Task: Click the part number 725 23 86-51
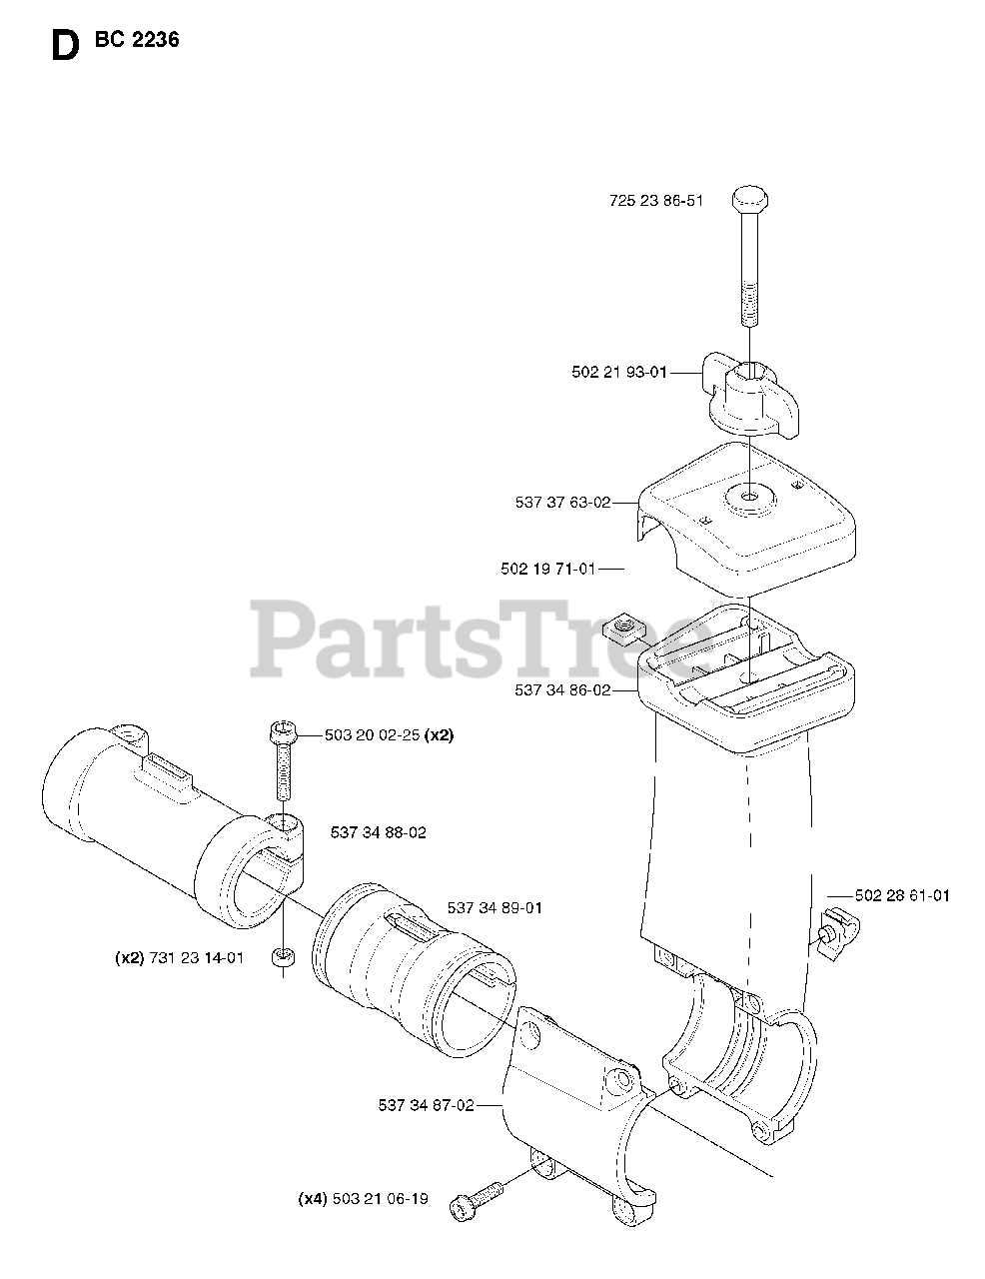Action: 655,201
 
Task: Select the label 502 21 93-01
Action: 618,372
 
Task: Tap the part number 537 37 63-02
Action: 562,503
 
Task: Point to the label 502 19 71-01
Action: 547,569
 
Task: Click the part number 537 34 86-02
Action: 562,689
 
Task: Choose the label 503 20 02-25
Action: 374,734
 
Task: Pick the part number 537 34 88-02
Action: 378,832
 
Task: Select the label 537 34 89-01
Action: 494,908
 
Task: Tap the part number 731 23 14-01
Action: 196,958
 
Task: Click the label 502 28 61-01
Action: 902,895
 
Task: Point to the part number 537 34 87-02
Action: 426,1105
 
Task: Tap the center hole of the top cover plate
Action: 746,494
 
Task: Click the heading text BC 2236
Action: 137,41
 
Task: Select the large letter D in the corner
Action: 63,46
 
